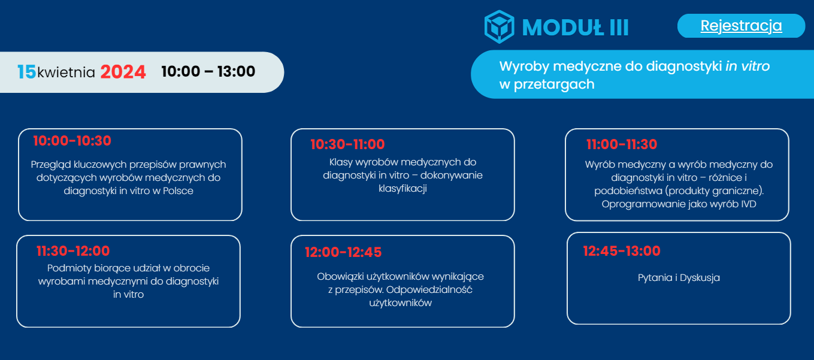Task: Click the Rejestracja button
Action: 741,26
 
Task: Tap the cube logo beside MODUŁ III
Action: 500,27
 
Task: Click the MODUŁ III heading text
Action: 575,28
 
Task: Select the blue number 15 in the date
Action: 26,72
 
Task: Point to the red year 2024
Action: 123,72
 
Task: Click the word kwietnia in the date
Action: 66,72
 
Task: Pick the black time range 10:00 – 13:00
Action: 208,71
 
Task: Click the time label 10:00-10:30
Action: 72,141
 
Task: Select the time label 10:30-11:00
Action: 347,144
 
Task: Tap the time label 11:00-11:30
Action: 622,144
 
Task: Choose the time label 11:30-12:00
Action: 73,250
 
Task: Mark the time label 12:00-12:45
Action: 343,252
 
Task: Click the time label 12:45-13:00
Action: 622,250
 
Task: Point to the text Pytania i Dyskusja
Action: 679,278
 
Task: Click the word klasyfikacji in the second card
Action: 403,189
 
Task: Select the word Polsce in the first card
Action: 178,190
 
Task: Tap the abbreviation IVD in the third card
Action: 749,204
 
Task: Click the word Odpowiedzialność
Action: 429,289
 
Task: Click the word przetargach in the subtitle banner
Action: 554,84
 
